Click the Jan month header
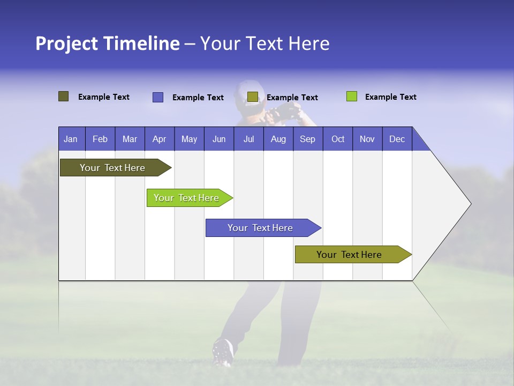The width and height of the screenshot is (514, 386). (71, 139)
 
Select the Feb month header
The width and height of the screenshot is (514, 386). (100, 139)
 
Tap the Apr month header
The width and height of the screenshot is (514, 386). (159, 139)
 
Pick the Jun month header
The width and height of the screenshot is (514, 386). (218, 139)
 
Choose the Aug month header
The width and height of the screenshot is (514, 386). (278, 139)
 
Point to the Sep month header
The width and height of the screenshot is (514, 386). (307, 139)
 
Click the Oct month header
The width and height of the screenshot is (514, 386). (337, 139)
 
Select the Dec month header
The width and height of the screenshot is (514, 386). (397, 139)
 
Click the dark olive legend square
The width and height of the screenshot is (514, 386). (63, 96)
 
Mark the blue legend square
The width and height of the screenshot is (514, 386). (157, 97)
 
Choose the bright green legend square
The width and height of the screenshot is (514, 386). (351, 96)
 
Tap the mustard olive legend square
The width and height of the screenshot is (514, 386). (252, 97)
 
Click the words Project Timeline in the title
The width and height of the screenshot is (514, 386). (107, 43)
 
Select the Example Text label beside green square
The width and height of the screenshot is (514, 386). (390, 97)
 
